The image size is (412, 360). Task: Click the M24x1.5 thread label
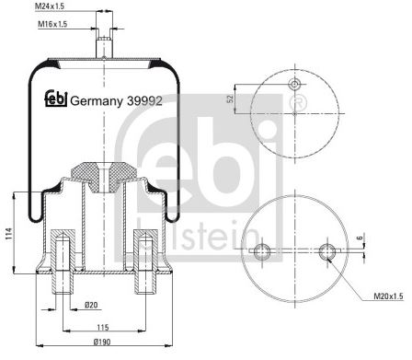50,6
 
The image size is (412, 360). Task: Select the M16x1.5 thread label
52,24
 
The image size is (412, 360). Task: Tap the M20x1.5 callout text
389,296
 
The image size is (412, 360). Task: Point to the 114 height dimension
9,234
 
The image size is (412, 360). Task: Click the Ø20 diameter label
91,305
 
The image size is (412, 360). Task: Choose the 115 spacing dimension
103,328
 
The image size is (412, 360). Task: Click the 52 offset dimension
231,99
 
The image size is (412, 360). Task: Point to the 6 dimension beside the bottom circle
360,238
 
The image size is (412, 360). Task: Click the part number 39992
144,100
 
